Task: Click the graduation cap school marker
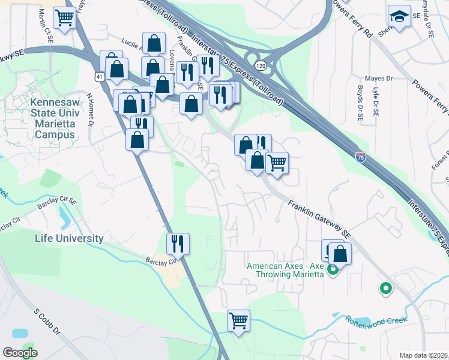[x=399, y=16]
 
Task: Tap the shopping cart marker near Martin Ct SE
[x=65, y=18]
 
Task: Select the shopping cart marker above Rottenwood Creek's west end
[x=238, y=320]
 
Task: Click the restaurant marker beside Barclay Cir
[x=178, y=244]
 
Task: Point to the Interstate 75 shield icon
[x=360, y=158]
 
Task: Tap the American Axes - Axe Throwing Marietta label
[x=285, y=269]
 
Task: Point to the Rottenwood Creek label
[x=372, y=320]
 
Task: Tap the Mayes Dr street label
[x=378, y=79]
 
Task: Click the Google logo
[x=20, y=353]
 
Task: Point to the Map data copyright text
[x=424, y=355]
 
